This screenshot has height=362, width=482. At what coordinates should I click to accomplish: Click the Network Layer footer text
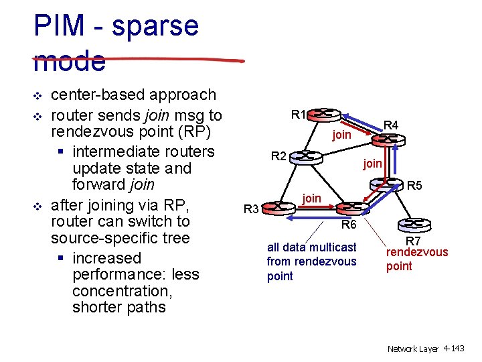coord(413,349)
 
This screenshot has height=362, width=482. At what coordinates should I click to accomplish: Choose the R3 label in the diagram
coord(251,209)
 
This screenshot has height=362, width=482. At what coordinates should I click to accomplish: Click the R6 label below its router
coord(348,225)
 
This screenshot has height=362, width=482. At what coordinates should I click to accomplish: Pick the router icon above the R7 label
coord(412,224)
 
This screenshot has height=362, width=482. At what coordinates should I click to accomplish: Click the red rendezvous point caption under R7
coord(416,259)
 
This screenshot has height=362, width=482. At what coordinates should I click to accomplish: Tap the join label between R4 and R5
coord(372,163)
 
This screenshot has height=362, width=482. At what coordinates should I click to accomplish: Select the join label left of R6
coord(311,198)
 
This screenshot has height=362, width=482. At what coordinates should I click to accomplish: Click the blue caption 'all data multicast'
coord(311,247)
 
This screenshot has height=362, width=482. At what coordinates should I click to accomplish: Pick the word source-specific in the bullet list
coord(120,238)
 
